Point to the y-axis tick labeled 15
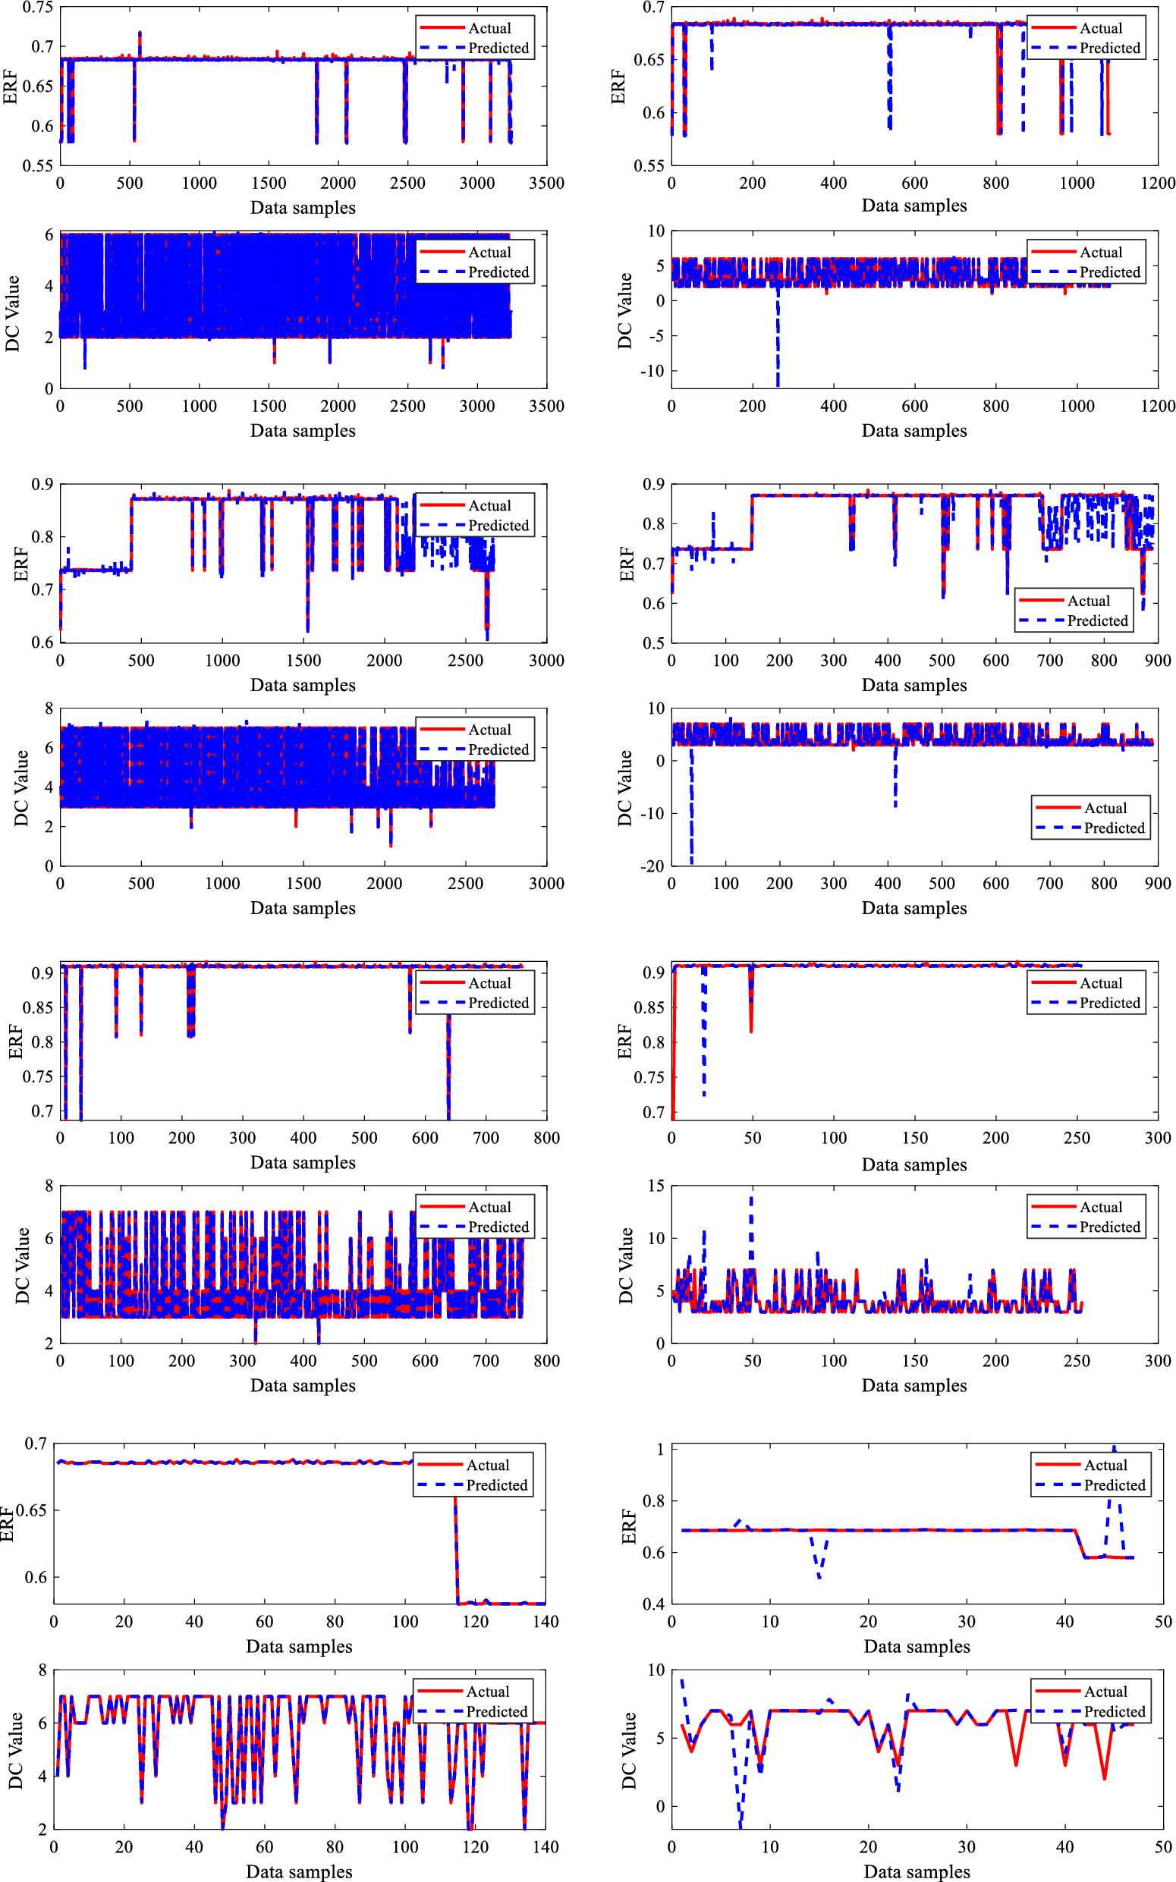(x=656, y=1186)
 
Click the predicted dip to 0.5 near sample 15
(x=819, y=1575)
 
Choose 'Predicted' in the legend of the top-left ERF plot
(x=498, y=49)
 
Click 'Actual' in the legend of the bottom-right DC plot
(x=1105, y=1692)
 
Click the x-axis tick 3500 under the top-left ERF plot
(x=546, y=184)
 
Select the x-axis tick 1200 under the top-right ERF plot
(x=1157, y=184)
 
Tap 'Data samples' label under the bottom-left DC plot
(x=300, y=1871)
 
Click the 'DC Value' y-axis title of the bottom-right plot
(x=628, y=1750)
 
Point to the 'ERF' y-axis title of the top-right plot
(x=618, y=86)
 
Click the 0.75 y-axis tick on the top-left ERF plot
(x=37, y=8)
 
